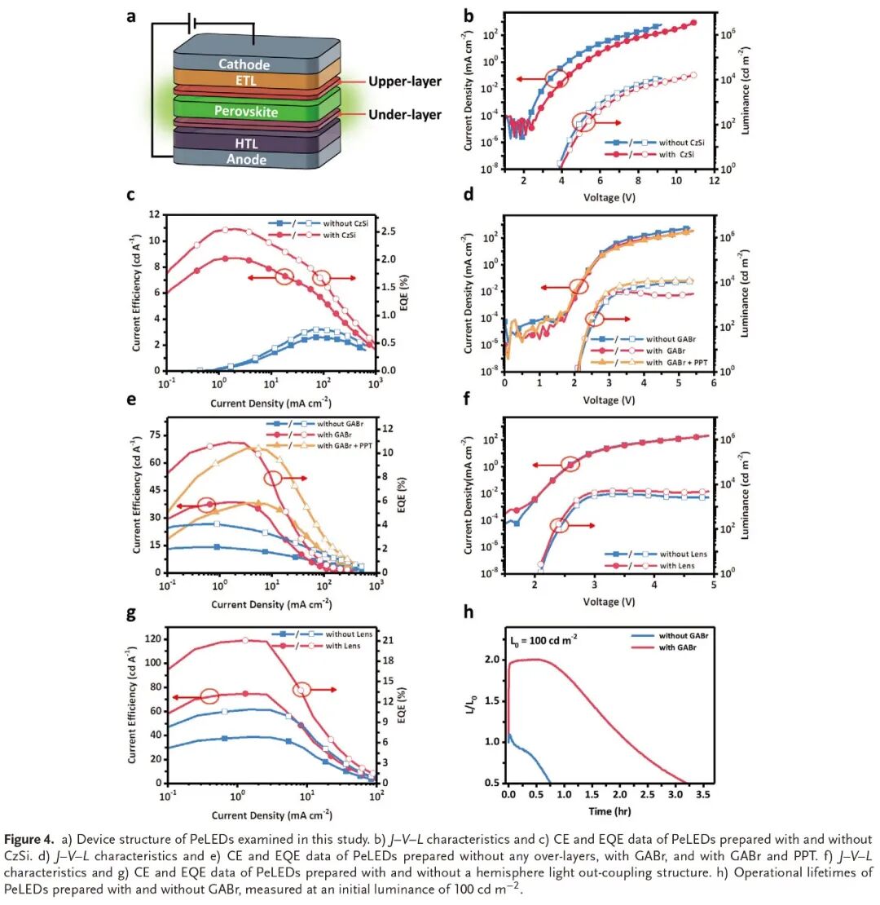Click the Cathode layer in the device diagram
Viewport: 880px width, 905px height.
[x=244, y=64]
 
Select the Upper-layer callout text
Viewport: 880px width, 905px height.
[x=404, y=82]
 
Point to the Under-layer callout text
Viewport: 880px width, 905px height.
[x=405, y=115]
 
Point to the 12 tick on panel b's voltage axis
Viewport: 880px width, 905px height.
[x=714, y=181]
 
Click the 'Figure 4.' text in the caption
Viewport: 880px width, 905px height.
[x=30, y=839]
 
